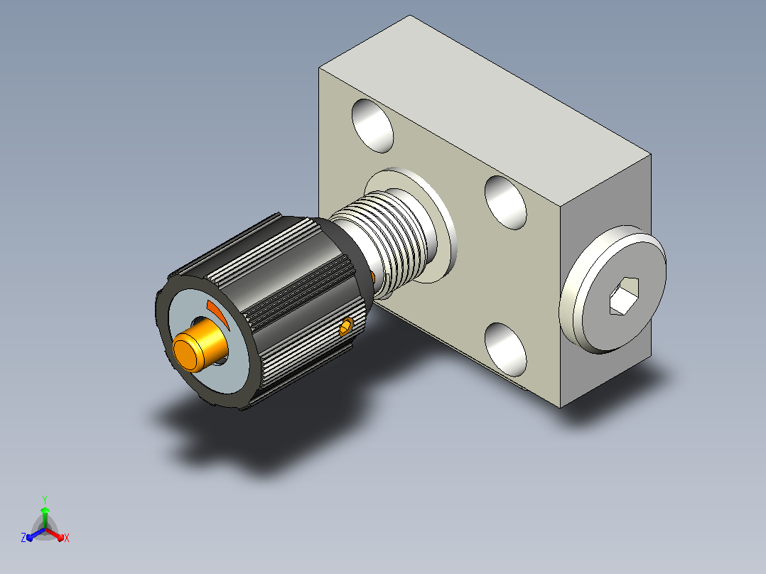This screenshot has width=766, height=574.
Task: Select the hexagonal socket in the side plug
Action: [x=624, y=296]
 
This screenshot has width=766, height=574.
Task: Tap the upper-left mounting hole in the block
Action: [x=372, y=126]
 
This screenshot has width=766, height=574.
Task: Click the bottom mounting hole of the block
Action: [x=506, y=350]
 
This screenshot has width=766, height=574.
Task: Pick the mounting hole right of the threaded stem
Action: [x=506, y=202]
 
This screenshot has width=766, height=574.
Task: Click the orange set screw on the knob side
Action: [x=346, y=326]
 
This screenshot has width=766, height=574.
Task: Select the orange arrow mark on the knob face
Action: [x=217, y=314]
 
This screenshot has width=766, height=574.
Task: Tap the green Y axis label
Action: [x=45, y=499]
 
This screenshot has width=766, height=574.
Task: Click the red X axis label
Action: [x=67, y=538]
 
